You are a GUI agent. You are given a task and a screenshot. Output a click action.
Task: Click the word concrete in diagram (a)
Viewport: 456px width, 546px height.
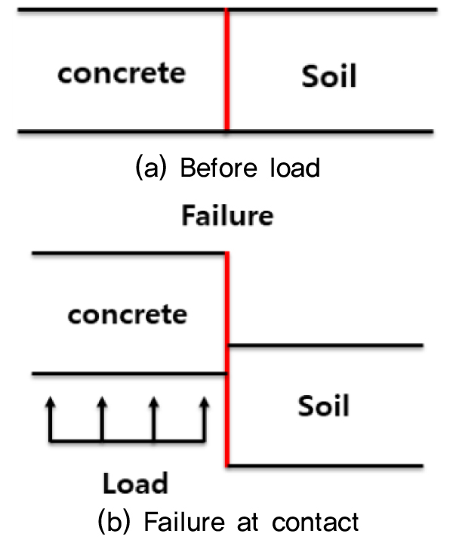[x=122, y=73]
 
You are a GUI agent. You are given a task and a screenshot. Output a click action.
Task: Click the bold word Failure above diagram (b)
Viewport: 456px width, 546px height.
[x=226, y=217]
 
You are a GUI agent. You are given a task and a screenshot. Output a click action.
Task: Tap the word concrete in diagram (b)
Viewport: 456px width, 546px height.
[x=127, y=313]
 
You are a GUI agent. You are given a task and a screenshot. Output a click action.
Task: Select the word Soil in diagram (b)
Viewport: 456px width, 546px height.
[x=324, y=406]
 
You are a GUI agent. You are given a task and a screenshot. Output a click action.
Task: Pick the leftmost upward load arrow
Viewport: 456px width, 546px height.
[x=51, y=419]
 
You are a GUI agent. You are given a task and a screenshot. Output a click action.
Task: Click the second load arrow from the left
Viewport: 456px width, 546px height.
[x=102, y=419]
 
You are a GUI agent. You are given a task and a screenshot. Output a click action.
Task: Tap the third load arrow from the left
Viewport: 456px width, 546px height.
[x=153, y=419]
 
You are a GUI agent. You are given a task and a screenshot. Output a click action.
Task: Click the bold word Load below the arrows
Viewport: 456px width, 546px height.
[x=134, y=483]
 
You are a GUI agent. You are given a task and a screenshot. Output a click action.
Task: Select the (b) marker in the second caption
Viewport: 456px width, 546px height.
[x=114, y=521]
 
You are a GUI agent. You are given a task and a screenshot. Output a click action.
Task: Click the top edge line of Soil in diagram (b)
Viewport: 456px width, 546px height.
[x=325, y=346]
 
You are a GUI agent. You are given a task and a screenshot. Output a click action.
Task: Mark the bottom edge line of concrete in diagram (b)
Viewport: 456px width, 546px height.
[x=128, y=373]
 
